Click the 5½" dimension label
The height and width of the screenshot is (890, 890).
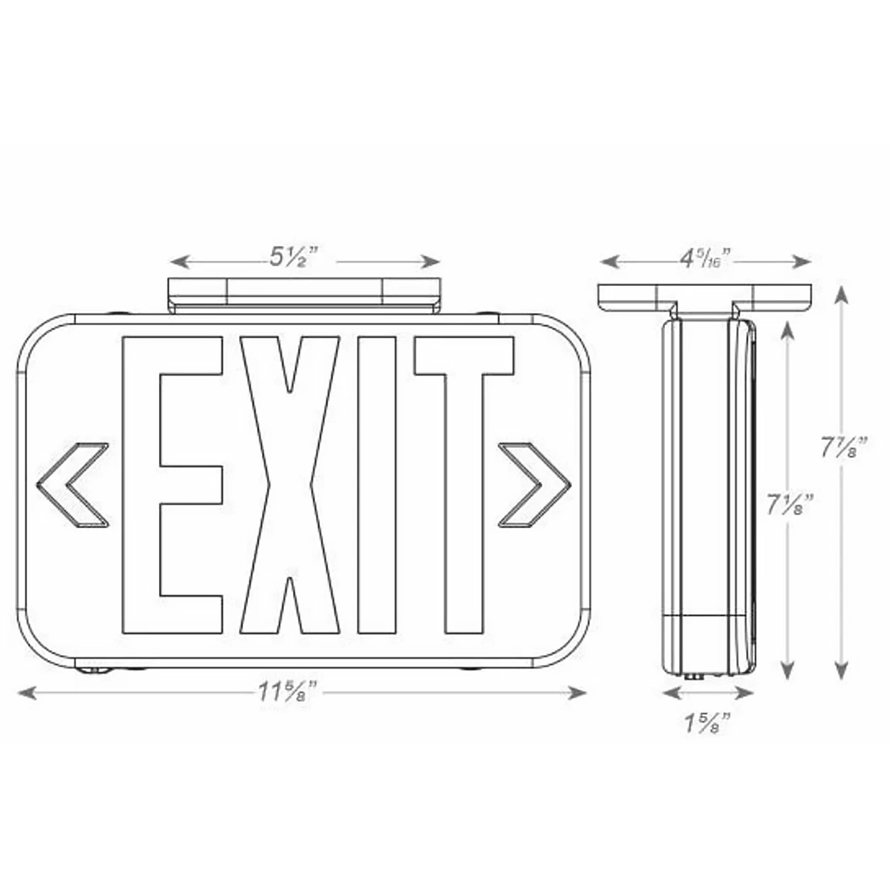click(x=295, y=257)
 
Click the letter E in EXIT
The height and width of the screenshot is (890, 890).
click(x=172, y=485)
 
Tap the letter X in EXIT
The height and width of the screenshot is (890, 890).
click(x=290, y=485)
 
